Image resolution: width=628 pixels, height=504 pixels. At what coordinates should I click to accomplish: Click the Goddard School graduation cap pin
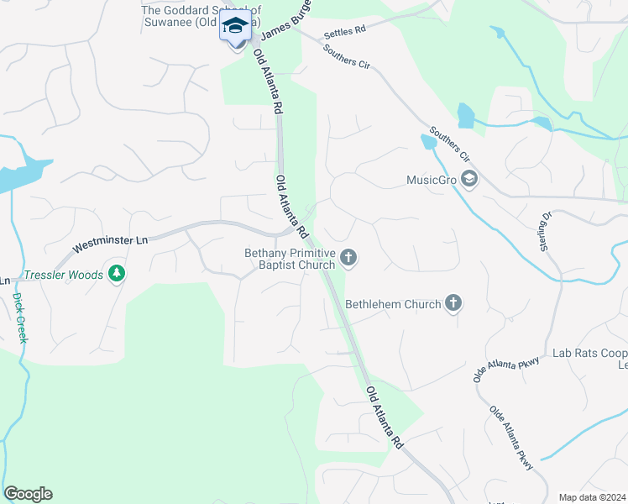[x=236, y=26]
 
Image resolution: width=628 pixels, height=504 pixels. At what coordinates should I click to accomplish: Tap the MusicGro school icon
[x=469, y=179]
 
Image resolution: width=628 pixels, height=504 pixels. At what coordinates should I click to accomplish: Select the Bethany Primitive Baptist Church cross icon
[x=348, y=258]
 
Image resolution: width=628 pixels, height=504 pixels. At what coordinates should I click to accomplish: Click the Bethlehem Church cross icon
[x=453, y=303]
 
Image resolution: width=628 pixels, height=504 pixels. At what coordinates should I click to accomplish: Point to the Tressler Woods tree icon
[x=117, y=274]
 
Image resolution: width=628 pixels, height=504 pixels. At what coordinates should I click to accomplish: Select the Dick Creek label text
[x=18, y=317]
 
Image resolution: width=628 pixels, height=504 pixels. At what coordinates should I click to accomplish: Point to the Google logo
[x=28, y=494]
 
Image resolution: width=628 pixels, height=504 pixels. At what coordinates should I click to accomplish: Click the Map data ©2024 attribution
[x=592, y=497]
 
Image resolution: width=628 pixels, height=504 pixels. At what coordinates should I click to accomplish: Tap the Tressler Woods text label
[x=63, y=275]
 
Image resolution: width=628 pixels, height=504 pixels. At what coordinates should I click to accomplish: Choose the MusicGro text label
[x=431, y=179]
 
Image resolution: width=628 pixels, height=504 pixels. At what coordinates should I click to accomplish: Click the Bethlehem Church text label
[x=393, y=304]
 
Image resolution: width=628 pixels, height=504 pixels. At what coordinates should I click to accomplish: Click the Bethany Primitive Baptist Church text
[x=290, y=259]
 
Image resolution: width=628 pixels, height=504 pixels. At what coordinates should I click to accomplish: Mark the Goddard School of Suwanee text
[x=201, y=16]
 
